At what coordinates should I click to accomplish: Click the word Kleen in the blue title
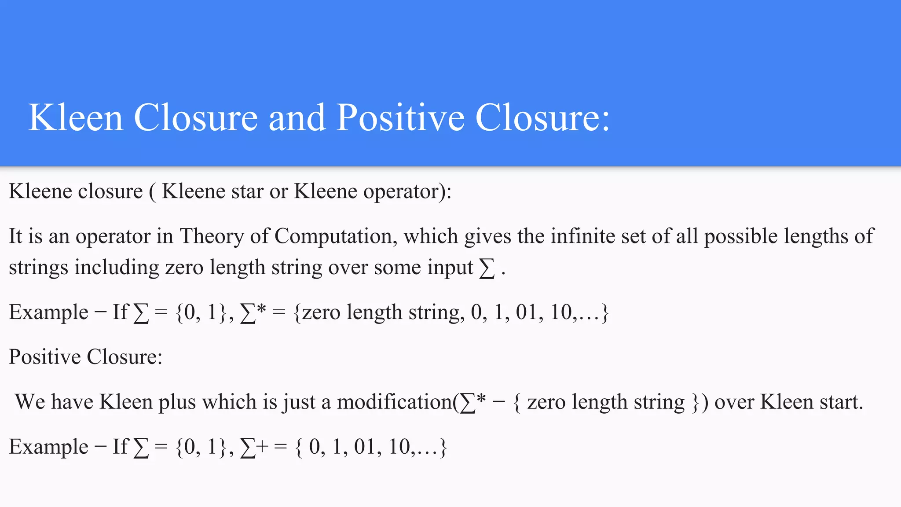(x=75, y=118)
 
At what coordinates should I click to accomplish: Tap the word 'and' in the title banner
(x=297, y=118)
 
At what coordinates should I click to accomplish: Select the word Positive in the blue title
(x=400, y=118)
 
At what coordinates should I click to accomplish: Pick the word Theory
(x=212, y=236)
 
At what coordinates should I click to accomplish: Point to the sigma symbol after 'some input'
(x=487, y=268)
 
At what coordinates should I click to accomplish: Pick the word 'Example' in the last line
(x=48, y=447)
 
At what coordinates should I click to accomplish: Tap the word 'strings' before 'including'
(x=38, y=268)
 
